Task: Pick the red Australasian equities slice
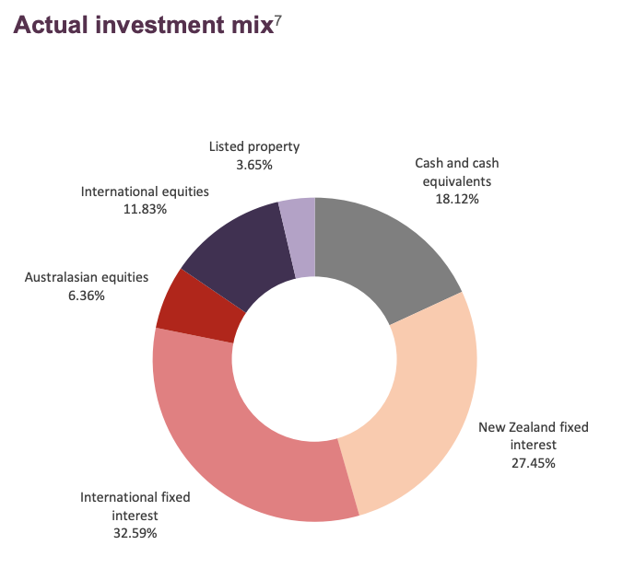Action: (x=198, y=302)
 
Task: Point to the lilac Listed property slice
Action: (x=300, y=237)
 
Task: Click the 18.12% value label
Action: (x=457, y=198)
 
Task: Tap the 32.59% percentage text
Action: (x=135, y=532)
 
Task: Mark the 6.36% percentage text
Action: (x=87, y=296)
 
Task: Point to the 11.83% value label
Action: (x=145, y=209)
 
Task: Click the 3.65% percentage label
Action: (x=254, y=164)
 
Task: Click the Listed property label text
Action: (x=254, y=146)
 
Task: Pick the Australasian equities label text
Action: (x=87, y=277)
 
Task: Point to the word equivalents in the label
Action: (x=457, y=180)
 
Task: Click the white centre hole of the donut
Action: (x=314, y=359)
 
